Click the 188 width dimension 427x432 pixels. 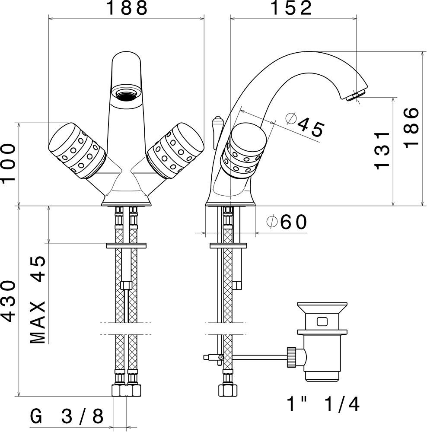pyautogui.click(x=127, y=8)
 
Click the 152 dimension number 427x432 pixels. pyautogui.click(x=292, y=8)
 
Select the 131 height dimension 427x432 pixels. pyautogui.click(x=382, y=150)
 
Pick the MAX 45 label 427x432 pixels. pyautogui.click(x=37, y=300)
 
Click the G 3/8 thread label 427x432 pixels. pyautogui.click(x=67, y=416)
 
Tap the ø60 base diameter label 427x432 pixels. pyautogui.click(x=287, y=222)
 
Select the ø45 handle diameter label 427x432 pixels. pyautogui.click(x=305, y=125)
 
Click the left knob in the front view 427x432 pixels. pyautogui.click(x=77, y=150)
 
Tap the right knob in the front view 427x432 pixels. pyautogui.click(x=175, y=150)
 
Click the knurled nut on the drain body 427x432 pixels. pyautogui.click(x=292, y=357)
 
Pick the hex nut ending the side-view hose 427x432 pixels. pyautogui.click(x=228, y=391)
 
